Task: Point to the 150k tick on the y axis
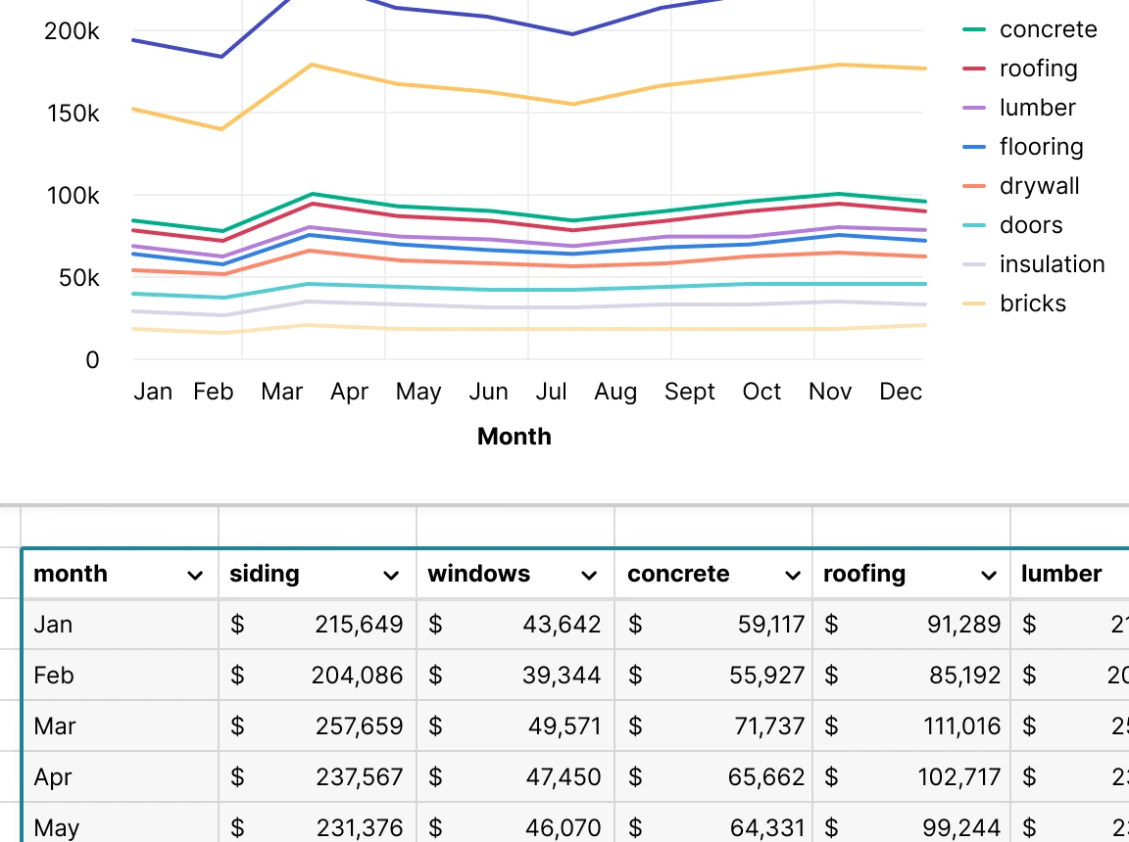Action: (73, 114)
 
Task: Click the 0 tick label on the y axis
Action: (92, 360)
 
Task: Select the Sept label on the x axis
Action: (690, 393)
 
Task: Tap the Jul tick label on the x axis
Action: (552, 393)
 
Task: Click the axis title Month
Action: (514, 437)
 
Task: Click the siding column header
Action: (265, 575)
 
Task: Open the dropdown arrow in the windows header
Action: (589, 576)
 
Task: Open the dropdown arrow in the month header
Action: (195, 576)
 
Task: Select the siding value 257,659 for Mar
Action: (359, 726)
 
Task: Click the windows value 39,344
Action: (562, 676)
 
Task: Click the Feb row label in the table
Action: (54, 676)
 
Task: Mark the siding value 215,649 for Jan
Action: (359, 625)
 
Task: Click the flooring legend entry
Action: (1040, 147)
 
